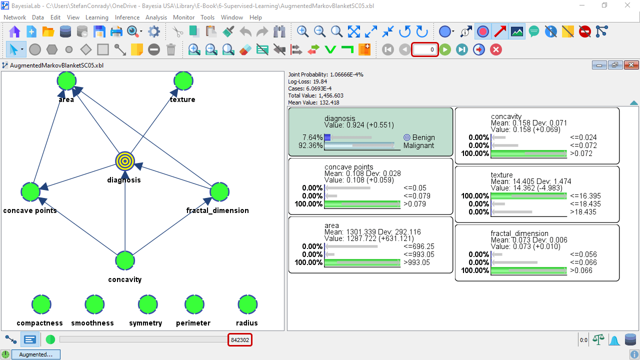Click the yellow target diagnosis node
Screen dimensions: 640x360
(125, 161)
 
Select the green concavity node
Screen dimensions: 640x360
(125, 260)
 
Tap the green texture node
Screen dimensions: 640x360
(183, 81)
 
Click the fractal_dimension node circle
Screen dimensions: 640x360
(219, 191)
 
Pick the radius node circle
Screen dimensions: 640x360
(247, 304)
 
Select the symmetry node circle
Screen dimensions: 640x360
(147, 304)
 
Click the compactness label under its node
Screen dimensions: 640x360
(39, 323)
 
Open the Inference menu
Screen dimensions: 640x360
(127, 17)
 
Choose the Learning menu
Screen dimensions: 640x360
(97, 17)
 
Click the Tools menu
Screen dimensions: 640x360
(207, 17)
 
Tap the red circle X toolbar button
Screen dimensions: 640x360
(496, 49)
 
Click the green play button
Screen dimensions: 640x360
(445, 49)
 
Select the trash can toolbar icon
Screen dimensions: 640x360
(171, 49)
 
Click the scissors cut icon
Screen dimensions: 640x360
(177, 31)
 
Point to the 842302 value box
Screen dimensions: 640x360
(240, 340)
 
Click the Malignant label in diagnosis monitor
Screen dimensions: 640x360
(418, 145)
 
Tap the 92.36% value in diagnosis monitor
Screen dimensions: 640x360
(310, 145)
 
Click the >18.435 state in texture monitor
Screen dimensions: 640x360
(583, 212)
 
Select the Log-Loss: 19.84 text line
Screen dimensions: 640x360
(307, 81)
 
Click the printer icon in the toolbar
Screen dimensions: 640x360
(116, 31)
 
